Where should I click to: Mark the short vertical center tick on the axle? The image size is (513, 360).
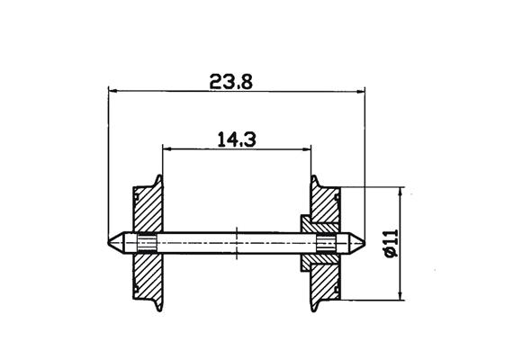236,243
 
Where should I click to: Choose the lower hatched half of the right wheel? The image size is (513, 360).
325,279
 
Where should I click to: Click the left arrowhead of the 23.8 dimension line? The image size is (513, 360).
112,90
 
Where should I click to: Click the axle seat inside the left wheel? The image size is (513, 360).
146,243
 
